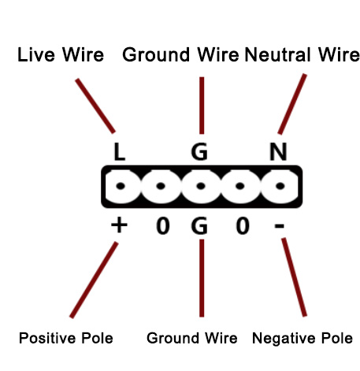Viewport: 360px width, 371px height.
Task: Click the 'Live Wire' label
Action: [61, 54]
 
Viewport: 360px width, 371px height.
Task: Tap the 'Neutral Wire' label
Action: [302, 54]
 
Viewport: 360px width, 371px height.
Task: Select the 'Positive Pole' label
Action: [66, 338]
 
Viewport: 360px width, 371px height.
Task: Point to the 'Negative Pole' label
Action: [302, 338]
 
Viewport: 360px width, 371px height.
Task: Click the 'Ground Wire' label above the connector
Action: [180, 55]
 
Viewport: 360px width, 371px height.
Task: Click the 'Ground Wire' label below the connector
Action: [192, 338]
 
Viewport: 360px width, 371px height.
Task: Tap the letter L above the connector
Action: [120, 151]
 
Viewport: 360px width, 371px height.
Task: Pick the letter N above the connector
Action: [278, 151]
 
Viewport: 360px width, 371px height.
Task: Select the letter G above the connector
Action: [199, 151]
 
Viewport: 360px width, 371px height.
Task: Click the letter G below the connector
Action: [199, 225]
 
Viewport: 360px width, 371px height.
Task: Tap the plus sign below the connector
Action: [119, 225]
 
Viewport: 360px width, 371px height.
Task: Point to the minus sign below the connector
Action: [279, 225]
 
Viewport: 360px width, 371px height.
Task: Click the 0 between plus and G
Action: [163, 225]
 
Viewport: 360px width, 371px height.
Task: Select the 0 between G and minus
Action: [243, 225]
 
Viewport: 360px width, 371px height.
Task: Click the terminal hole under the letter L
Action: [121, 186]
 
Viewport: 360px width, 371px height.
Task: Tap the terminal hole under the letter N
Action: [280, 186]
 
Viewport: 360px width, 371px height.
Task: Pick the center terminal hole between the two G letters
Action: [201, 186]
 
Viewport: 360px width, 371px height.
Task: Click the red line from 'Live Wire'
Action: [95, 106]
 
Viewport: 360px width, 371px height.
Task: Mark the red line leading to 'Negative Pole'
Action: [294, 277]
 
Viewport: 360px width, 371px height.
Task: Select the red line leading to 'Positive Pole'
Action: [94, 280]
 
